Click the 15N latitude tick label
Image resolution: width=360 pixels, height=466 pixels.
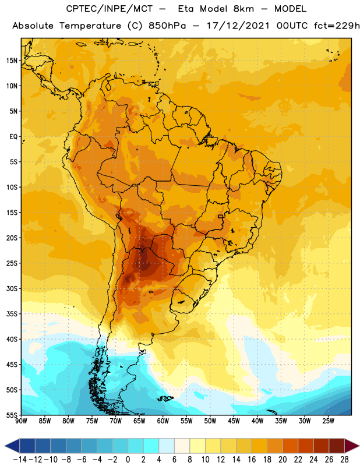[x=12, y=61]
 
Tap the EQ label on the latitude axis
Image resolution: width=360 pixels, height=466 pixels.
[x=13, y=137]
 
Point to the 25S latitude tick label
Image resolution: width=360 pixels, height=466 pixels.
[x=12, y=263]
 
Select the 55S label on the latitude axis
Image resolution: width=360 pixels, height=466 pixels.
[x=12, y=415]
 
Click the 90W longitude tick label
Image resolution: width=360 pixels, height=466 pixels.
[x=21, y=421]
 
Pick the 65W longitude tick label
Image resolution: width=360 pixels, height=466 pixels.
[x=139, y=421]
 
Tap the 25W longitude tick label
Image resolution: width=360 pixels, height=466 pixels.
[x=328, y=421]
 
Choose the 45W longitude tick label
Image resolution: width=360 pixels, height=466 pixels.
[x=234, y=421]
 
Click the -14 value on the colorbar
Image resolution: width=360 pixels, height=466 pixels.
[x=20, y=460]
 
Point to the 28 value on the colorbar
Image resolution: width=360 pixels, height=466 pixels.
[x=344, y=460]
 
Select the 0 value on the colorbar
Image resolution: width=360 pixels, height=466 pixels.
[x=128, y=460]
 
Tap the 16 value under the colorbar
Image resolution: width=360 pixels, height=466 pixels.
[x=252, y=460]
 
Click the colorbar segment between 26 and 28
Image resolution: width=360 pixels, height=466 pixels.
[x=337, y=446]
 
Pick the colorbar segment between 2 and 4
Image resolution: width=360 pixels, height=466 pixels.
[x=151, y=446]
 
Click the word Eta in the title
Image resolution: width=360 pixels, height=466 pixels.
[x=186, y=9]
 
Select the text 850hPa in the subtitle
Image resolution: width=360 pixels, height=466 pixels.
[x=167, y=26]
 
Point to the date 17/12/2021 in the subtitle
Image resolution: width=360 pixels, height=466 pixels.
[x=238, y=26]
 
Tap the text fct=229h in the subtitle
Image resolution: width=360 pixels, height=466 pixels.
[x=337, y=26]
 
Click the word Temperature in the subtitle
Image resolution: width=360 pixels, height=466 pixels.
[x=90, y=26]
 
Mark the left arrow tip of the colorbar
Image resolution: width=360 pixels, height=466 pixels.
[x=5, y=446]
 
